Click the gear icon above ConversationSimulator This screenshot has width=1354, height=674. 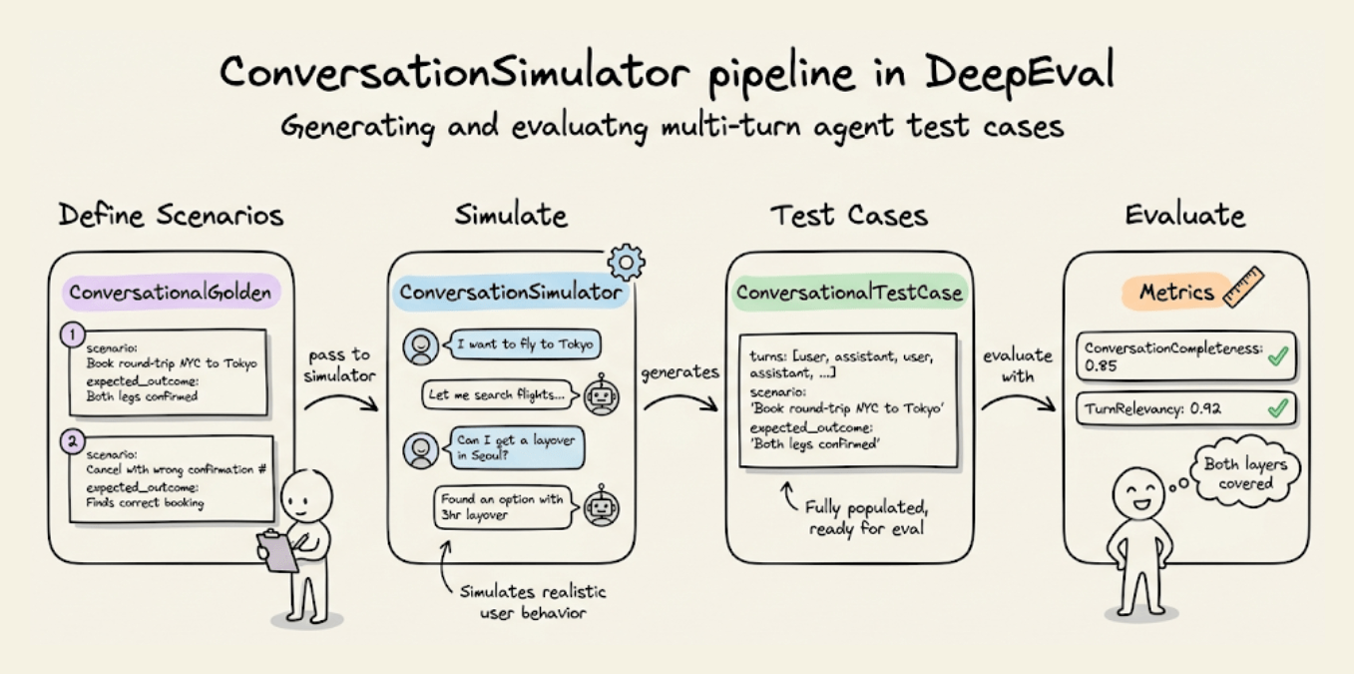point(626,261)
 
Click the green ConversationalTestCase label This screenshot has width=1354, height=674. point(849,293)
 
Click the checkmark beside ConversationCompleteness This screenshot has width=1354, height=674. point(1277,357)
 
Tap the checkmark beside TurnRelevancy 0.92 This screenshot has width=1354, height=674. point(1277,408)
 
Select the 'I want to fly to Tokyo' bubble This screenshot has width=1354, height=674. point(523,345)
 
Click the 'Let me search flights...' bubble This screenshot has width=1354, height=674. point(496,394)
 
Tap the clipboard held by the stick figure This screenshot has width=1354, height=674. point(277,550)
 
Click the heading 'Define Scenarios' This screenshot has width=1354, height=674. point(171,215)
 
